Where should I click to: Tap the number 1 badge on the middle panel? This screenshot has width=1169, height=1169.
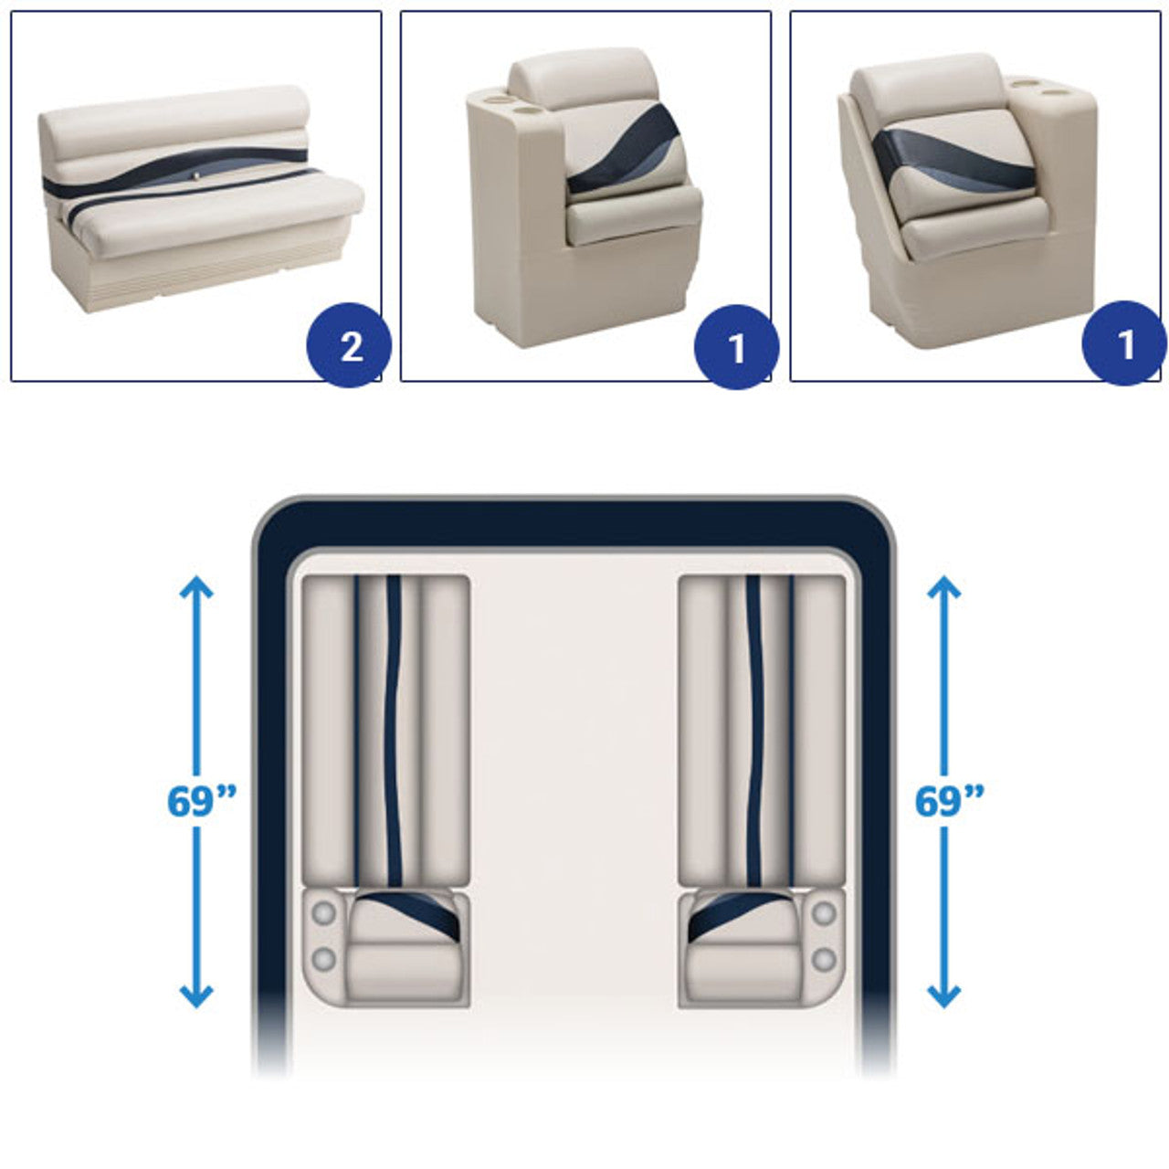click(736, 346)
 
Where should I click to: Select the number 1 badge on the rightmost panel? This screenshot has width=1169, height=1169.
click(1124, 343)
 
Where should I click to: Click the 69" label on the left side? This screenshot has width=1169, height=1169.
click(201, 801)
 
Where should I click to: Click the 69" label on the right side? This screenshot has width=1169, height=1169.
click(950, 801)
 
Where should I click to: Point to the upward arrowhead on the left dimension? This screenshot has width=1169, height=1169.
click(196, 587)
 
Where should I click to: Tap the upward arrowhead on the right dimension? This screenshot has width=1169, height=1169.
click(944, 587)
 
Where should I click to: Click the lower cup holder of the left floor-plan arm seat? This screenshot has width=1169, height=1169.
click(323, 960)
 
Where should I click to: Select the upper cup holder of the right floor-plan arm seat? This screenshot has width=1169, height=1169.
click(823, 913)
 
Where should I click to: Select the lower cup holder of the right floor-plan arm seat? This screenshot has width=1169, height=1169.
click(823, 960)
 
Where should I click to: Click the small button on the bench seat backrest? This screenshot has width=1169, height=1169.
click(197, 176)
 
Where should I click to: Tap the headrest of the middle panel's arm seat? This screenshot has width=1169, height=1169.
click(583, 79)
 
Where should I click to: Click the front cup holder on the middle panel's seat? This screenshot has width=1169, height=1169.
click(521, 111)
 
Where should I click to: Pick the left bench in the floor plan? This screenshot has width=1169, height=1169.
click(385, 731)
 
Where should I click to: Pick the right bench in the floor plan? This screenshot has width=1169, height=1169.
click(762, 731)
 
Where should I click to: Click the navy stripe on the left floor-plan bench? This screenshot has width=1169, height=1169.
click(393, 731)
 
